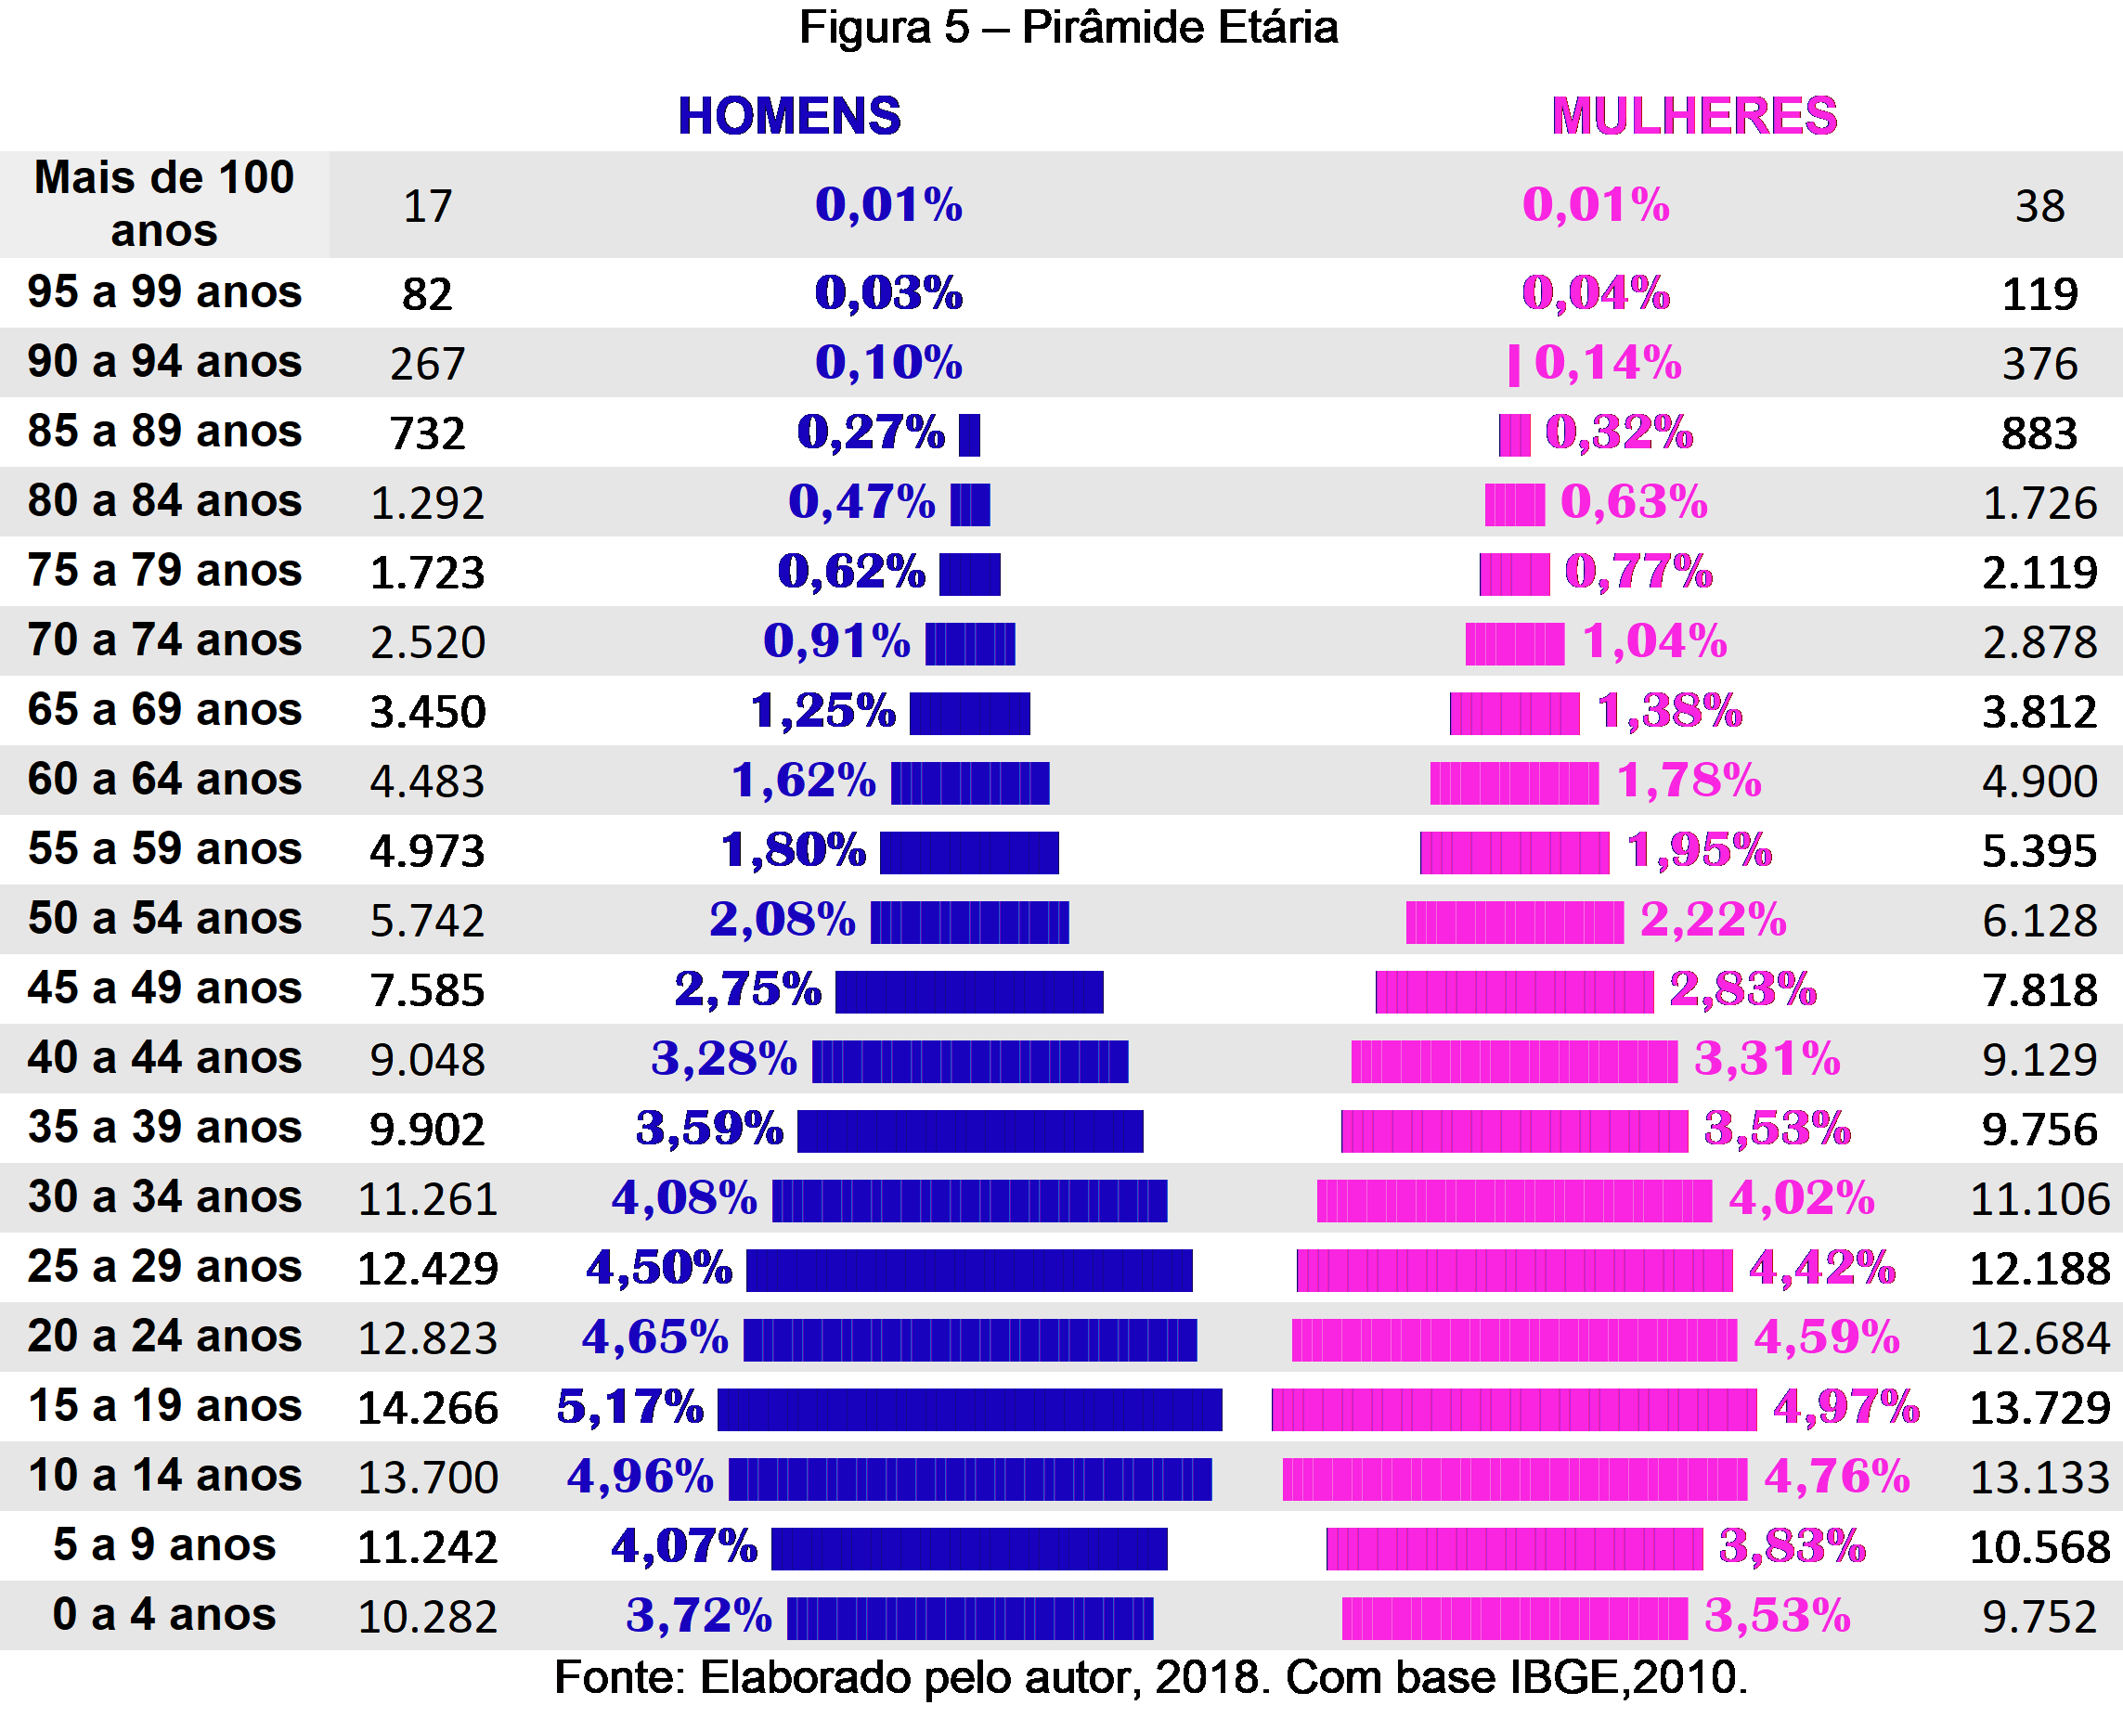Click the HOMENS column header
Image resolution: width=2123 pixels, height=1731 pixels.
point(789,116)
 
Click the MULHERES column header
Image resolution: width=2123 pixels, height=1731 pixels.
point(1693,116)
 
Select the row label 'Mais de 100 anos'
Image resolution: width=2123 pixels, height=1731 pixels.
point(164,203)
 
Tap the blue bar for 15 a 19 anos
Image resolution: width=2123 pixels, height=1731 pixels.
point(969,1409)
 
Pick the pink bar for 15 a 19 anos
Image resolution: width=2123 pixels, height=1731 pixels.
point(1514,1409)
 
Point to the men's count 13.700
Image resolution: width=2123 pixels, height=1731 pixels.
point(428,1477)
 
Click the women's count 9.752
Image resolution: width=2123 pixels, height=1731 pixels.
point(2039,1616)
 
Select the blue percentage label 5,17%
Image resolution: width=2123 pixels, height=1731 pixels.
point(630,1407)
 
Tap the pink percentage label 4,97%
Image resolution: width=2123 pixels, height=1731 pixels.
point(1845,1407)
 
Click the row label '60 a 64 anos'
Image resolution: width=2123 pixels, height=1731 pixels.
point(164,779)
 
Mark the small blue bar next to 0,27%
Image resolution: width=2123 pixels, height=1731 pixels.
point(969,434)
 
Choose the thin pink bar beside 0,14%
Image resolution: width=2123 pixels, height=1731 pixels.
point(1514,365)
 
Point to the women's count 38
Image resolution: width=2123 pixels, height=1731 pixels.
point(2039,206)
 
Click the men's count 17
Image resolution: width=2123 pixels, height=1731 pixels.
point(428,206)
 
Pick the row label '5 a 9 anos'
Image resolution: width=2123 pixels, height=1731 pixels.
point(164,1544)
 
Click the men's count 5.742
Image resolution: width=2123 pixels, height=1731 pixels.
point(428,921)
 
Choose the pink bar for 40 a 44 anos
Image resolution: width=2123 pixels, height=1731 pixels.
point(1514,1061)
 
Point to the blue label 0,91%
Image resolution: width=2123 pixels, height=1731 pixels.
point(836,641)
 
